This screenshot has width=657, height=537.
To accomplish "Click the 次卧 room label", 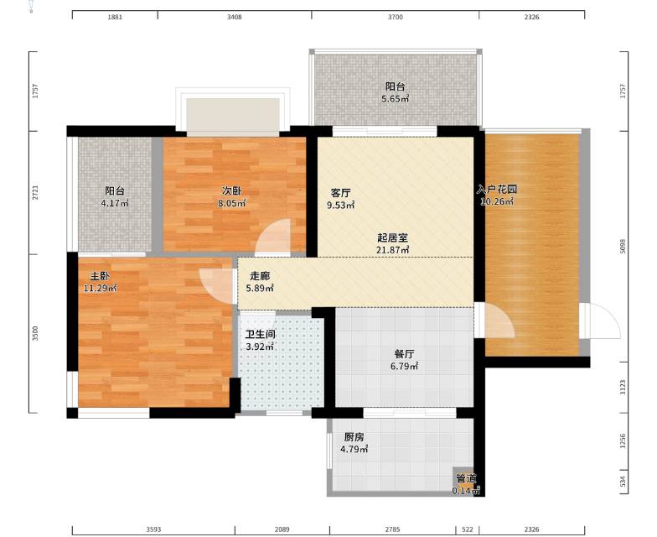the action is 231,191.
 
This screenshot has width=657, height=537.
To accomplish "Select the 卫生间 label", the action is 260,335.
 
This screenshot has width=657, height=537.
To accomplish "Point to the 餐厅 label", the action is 404,354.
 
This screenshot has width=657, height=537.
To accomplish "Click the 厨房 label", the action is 354,437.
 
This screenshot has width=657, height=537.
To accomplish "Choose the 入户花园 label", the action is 497,190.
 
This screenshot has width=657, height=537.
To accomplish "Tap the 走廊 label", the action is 260,276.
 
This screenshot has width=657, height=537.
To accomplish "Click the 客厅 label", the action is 340,193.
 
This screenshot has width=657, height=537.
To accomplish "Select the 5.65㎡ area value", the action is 396,99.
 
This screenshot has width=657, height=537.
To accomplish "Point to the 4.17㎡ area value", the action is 115,203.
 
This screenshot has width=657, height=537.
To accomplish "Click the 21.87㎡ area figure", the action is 392,250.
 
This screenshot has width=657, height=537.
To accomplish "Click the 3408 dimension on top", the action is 235,17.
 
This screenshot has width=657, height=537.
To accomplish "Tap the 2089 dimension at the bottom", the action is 282,529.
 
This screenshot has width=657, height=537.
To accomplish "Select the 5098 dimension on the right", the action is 623,247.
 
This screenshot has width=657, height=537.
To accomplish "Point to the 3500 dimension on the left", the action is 35,334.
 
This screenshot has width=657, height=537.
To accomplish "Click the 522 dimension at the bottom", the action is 468,529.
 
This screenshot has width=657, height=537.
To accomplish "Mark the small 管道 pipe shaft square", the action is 463,478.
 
